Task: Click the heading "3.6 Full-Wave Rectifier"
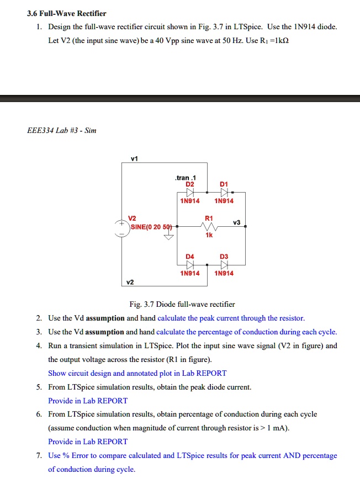[66, 13]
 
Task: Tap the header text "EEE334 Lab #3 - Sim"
[61, 131]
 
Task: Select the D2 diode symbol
[190, 192]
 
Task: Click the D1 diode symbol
[224, 192]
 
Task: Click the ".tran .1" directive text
[182, 178]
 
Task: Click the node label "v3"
[237, 222]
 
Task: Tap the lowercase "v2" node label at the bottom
[130, 283]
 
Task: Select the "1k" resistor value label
[209, 235]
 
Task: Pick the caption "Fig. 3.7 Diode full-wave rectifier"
[182, 304]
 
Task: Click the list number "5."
[40, 387]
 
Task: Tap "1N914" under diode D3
[224, 273]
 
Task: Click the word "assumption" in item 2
[105, 318]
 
